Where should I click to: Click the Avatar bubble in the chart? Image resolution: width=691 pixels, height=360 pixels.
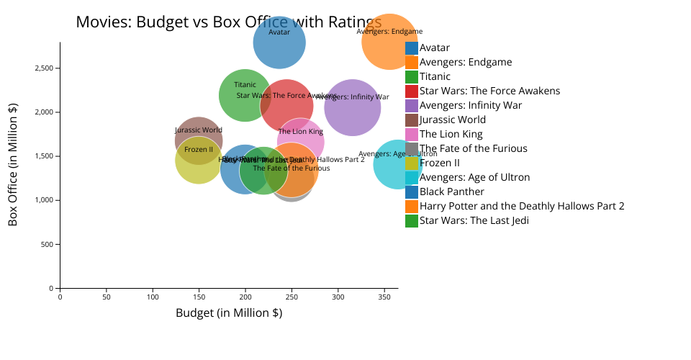pyautogui.click(x=279, y=43)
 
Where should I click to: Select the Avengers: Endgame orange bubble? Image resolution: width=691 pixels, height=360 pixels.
pyautogui.click(x=389, y=42)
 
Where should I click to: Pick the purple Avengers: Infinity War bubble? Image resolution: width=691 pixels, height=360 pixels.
pyautogui.click(x=353, y=108)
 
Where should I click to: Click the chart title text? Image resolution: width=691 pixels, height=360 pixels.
pyautogui.click(x=228, y=22)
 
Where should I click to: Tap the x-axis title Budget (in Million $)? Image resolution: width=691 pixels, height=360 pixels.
pyautogui.click(x=229, y=313)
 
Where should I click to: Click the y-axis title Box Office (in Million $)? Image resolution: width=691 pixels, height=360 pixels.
pyautogui.click(x=13, y=165)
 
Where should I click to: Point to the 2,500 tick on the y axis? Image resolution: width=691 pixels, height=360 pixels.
pyautogui.click(x=45, y=68)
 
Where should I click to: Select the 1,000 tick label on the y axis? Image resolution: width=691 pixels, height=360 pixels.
pyautogui.click(x=45, y=200)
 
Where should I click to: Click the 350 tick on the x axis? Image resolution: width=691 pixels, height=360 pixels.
pyautogui.click(x=384, y=296)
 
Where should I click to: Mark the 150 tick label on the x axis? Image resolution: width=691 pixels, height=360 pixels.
pyautogui.click(x=199, y=296)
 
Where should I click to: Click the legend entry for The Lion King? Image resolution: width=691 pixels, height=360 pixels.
pyautogui.click(x=451, y=134)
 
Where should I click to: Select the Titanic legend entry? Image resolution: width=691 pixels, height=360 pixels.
pyautogui.click(x=435, y=76)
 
